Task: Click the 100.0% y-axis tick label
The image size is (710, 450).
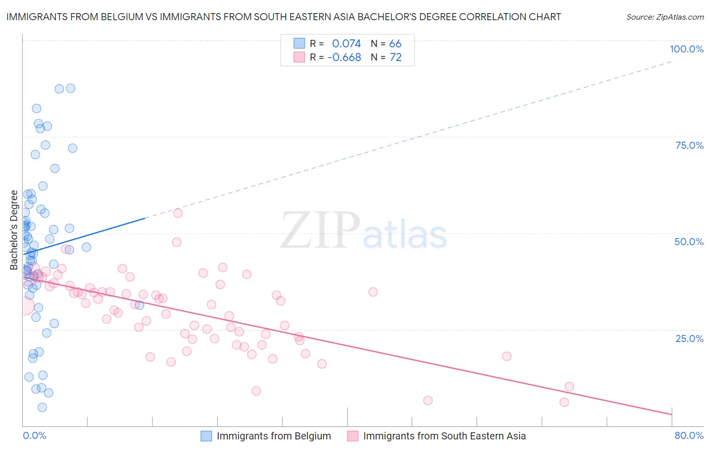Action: pos(686,49)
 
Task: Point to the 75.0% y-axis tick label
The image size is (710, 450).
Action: pos(689,145)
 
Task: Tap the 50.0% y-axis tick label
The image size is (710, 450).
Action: pos(689,242)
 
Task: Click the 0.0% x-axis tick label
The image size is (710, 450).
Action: pos(34,435)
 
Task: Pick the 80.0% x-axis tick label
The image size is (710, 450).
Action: pos(689,435)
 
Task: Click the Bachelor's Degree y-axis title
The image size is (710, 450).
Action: pos(14,230)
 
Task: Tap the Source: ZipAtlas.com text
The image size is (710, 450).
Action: pos(665,17)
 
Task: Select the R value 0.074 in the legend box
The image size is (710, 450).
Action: pos(346,43)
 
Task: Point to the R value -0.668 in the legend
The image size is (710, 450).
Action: pos(344,57)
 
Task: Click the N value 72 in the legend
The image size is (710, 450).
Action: pos(395,57)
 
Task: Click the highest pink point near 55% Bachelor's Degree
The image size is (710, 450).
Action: pos(178,213)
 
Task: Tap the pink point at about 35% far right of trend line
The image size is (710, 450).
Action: pos(373,292)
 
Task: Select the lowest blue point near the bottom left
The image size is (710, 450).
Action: pos(42,407)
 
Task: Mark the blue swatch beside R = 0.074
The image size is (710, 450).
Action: pos(299,43)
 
